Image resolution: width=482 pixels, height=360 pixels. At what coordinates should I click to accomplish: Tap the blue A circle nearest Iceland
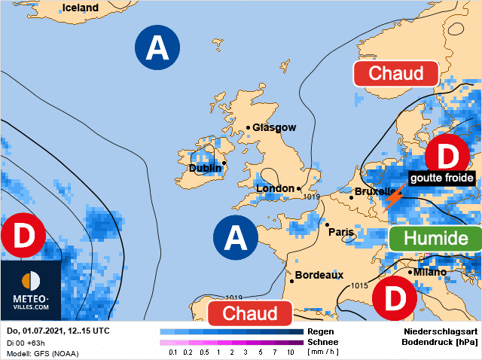coord(157,48)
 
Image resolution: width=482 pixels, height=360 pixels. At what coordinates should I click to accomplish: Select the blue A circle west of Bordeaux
coord(236,238)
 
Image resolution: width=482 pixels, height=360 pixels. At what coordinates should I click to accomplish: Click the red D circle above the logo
coord(23,236)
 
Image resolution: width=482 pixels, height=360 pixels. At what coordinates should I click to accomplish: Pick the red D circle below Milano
coord(395,298)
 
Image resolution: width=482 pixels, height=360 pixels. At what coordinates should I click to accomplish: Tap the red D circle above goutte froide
coord(447,157)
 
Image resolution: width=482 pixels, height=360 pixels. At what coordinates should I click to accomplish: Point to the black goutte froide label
coord(441,178)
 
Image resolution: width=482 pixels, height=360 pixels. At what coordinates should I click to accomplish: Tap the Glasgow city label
coord(274,128)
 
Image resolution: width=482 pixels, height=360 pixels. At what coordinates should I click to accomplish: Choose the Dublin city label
coord(206,169)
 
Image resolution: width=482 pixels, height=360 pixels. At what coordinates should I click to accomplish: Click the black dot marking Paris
coord(328,224)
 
